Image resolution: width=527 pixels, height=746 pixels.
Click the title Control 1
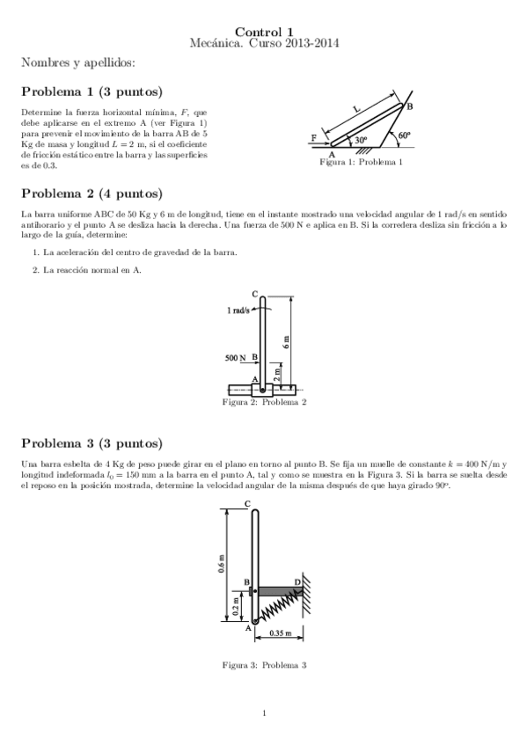click(x=264, y=31)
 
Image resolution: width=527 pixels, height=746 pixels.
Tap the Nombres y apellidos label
click(x=78, y=63)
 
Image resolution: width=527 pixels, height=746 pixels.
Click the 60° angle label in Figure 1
click(x=404, y=136)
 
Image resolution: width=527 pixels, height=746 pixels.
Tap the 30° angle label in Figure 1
click(x=361, y=140)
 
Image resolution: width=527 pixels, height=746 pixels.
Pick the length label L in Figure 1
click(x=356, y=109)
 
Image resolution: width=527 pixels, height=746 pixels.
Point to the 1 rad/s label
click(x=238, y=311)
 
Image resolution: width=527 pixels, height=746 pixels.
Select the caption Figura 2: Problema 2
click(x=264, y=403)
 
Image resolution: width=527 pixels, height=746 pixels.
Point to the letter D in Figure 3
click(x=296, y=581)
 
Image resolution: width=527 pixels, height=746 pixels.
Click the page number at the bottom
click(x=264, y=713)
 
